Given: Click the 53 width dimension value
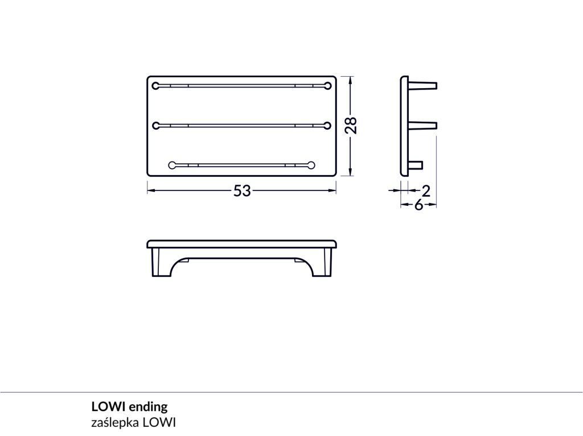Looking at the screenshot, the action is click(x=242, y=191).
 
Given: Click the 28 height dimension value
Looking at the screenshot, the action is click(x=351, y=125).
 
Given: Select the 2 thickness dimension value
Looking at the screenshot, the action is click(x=426, y=191).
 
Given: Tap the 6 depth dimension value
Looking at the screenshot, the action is click(x=419, y=205).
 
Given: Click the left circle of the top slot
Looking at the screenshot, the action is click(x=156, y=86).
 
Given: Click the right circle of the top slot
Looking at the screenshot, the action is click(x=327, y=86).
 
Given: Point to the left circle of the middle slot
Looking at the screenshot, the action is click(x=156, y=126).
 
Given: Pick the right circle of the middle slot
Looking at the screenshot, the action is click(x=327, y=126).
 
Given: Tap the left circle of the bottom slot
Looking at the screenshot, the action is click(x=172, y=165).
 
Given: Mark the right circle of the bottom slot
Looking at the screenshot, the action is click(x=311, y=165).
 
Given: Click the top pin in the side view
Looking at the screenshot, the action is click(x=423, y=85).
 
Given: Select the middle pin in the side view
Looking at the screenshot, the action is click(x=423, y=125).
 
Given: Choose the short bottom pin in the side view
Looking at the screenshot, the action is click(x=416, y=165).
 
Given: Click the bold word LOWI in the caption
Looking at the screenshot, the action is click(x=108, y=407).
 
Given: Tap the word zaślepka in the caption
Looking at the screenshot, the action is click(x=114, y=422).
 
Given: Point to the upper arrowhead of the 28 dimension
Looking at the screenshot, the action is click(x=350, y=80).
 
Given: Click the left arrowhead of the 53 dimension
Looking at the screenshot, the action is click(x=151, y=190).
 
